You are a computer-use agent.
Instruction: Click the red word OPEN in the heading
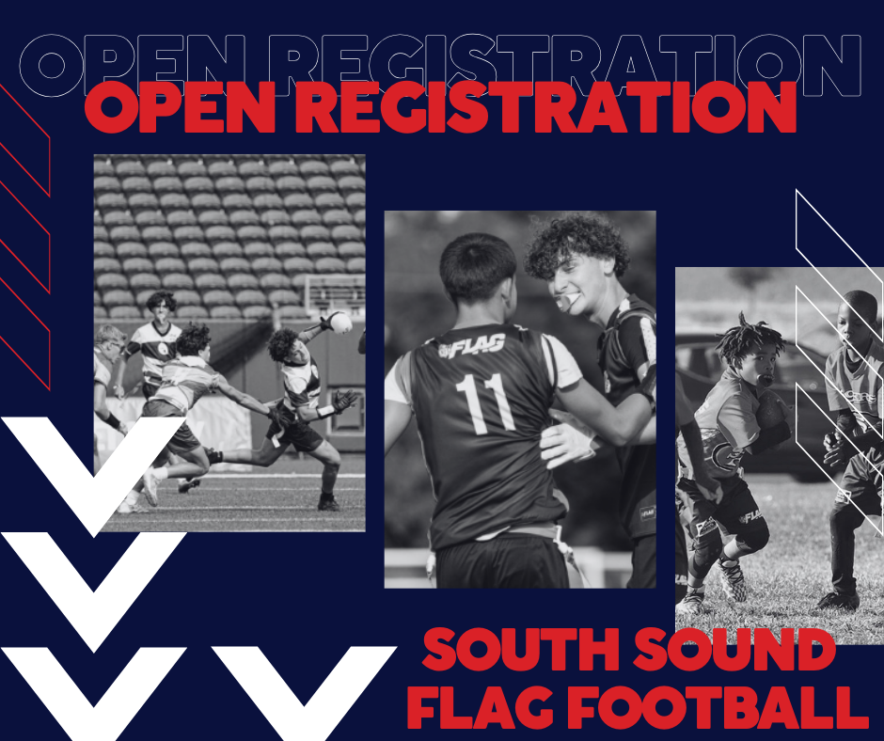[x=180, y=107]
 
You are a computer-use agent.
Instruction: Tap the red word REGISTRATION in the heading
[x=545, y=107]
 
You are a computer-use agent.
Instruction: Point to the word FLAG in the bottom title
[x=488, y=707]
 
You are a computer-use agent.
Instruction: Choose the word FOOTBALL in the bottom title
[x=718, y=707]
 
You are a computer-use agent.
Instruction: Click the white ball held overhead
[x=340, y=322]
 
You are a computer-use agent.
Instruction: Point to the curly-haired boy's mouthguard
[x=564, y=302]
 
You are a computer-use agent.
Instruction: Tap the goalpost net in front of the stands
[x=334, y=292]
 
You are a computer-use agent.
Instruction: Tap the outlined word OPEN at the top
[x=133, y=65]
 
